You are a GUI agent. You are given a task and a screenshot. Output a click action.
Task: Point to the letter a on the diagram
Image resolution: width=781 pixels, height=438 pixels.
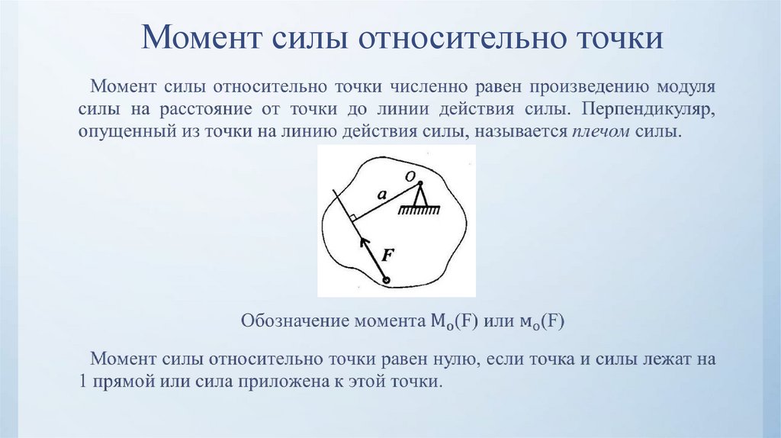tap(381, 196)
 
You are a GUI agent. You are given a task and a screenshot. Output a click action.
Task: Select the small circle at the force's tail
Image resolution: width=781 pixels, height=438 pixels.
tap(387, 281)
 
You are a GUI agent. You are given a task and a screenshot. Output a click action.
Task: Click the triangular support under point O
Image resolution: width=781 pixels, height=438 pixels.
tap(418, 200)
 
